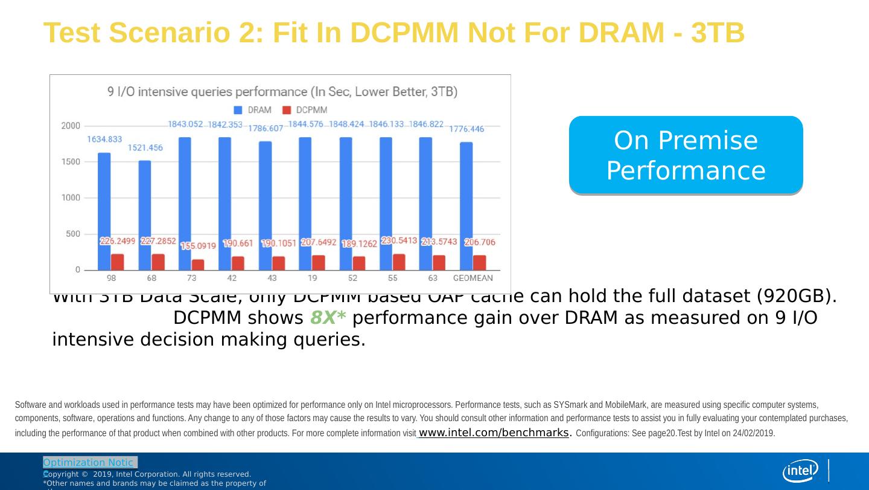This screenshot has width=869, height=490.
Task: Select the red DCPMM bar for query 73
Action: [198, 265]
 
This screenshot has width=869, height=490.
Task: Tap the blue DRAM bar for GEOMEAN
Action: [466, 205]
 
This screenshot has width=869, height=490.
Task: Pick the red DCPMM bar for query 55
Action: [399, 262]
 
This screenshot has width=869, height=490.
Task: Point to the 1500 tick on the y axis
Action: [70, 162]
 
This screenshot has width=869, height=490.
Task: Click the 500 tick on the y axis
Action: [72, 234]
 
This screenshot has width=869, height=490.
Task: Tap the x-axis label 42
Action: [232, 279]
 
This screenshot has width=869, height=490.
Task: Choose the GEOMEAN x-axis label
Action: [473, 279]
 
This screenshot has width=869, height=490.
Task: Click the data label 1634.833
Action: [104, 139]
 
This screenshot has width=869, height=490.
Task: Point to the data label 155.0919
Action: [198, 246]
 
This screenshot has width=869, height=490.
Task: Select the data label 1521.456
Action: [145, 148]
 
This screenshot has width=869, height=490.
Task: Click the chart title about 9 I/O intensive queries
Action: [282, 92]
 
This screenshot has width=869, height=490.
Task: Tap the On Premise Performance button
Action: [686, 155]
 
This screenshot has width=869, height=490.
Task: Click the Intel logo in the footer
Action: [800, 471]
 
